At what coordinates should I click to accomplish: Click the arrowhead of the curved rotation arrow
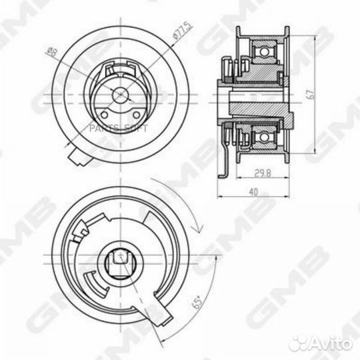click(195, 228)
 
